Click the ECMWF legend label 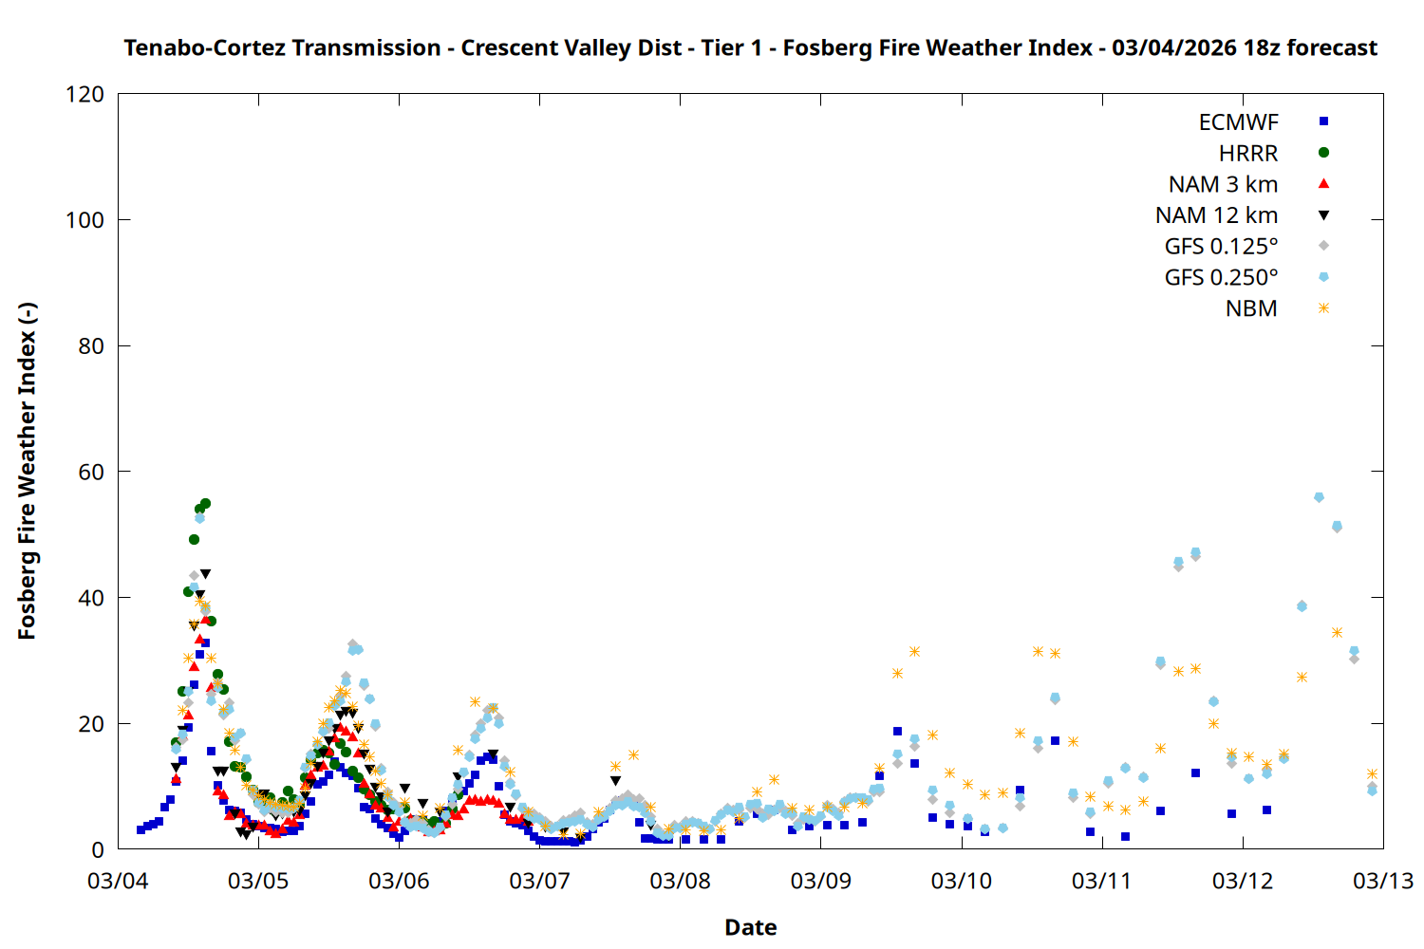point(1238,122)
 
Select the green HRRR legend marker point(1323,153)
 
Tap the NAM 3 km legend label point(1223,184)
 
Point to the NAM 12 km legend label point(1216,215)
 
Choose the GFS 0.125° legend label point(1221,247)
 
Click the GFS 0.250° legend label point(1221,278)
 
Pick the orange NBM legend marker point(1323,308)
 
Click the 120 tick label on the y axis point(85,95)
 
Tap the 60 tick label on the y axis point(91,472)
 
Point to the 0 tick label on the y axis point(98,849)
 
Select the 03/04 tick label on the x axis point(118,881)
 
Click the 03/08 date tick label point(680,881)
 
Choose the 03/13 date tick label point(1382,881)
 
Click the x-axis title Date point(750,927)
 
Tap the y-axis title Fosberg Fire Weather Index point(27,472)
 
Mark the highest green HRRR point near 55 point(205,504)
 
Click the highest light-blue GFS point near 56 point(1319,497)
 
